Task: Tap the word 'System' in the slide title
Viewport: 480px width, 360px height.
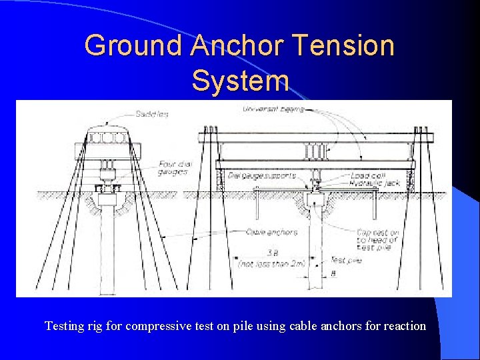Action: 240,81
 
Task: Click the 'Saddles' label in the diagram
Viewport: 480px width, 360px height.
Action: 153,114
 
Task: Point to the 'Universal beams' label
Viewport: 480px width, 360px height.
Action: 273,109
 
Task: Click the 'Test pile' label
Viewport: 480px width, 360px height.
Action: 346,260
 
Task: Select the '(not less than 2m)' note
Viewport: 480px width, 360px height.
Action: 271,263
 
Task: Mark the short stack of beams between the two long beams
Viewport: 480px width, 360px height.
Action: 316,152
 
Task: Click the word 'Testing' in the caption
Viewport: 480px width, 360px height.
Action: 64,326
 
